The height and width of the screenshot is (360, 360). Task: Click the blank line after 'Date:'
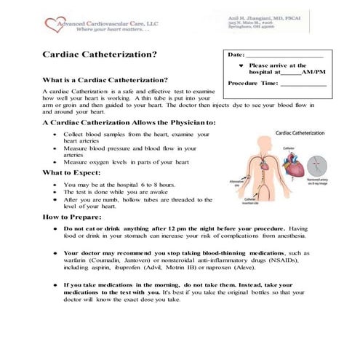284,55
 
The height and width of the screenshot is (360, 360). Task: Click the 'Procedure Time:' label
252,84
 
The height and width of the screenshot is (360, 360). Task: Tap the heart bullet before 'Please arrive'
241,65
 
